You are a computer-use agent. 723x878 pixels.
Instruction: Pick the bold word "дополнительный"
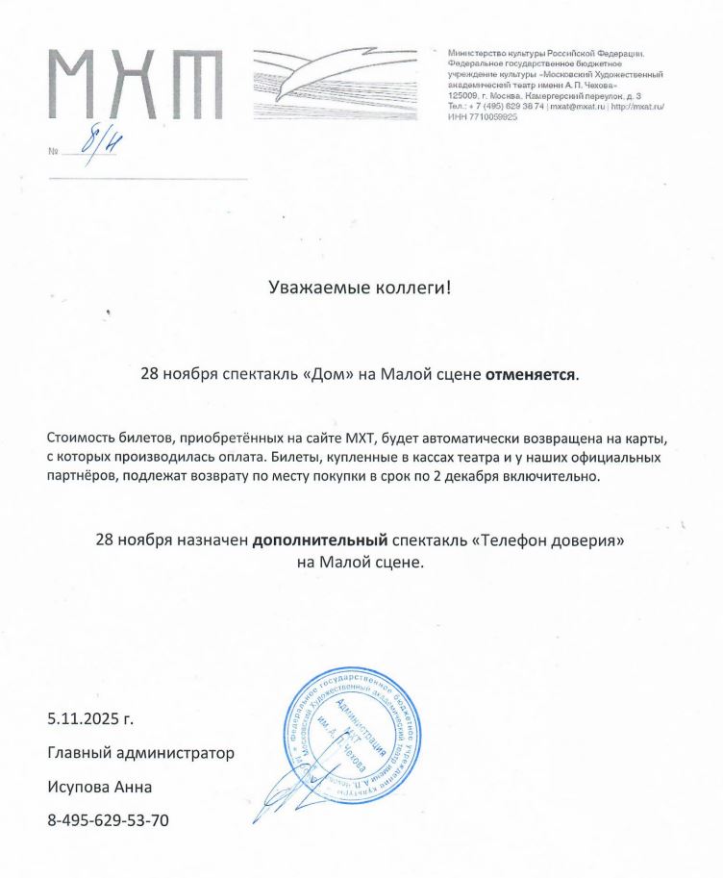click(319, 541)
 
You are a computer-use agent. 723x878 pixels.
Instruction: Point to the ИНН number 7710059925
click(491, 116)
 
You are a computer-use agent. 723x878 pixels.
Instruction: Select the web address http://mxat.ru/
click(637, 107)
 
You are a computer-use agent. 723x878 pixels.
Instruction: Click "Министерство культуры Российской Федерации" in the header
click(546, 51)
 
